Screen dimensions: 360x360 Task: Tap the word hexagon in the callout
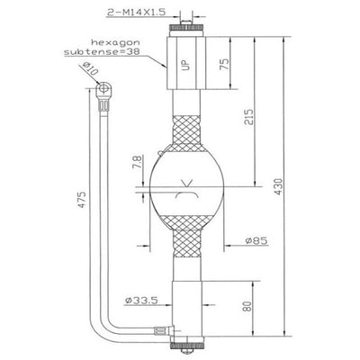click(115, 42)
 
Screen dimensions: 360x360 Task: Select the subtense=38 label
click(102, 51)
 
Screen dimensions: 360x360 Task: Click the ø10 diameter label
click(90, 69)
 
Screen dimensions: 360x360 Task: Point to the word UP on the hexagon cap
click(186, 65)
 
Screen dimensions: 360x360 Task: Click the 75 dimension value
click(224, 64)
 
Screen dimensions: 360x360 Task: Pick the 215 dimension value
click(248, 117)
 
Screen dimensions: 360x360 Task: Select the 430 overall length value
click(278, 186)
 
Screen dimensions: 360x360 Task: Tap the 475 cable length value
click(82, 199)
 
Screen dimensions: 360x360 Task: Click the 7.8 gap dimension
click(137, 163)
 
